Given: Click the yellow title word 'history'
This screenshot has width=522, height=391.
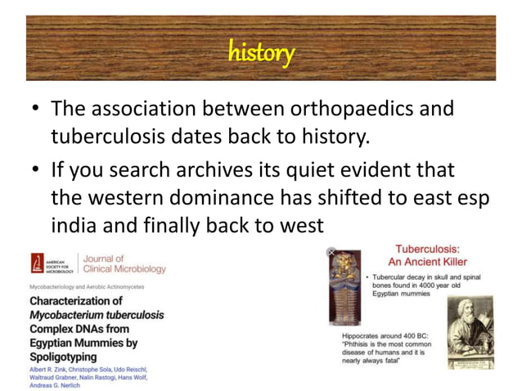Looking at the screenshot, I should click(261, 53).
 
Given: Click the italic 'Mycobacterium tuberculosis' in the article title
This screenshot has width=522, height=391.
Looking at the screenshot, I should click(97, 315).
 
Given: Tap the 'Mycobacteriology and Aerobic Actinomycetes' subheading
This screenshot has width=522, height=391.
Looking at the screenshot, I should click(87, 287).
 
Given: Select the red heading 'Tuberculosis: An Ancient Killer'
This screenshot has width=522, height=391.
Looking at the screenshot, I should click(427, 254).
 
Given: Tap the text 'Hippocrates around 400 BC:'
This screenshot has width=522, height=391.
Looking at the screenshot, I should click(388, 336).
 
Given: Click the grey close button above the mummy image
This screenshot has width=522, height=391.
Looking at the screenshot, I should click(332, 252).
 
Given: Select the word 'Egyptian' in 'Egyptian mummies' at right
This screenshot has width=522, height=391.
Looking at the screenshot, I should click(390, 294).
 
